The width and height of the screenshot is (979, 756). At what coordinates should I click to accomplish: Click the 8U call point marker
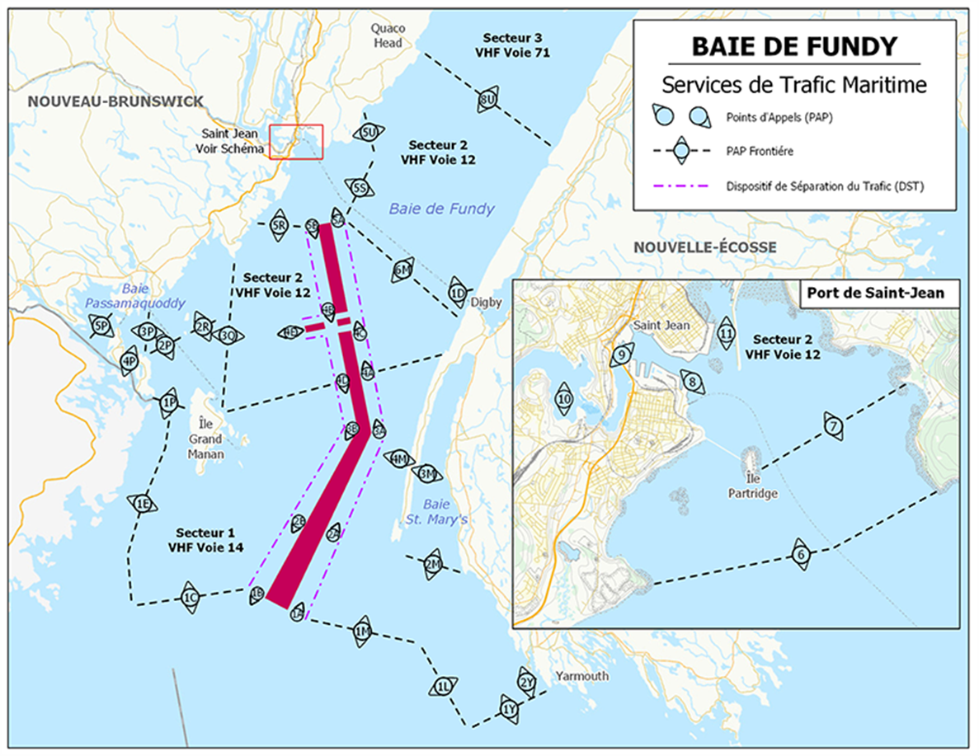coord(486,100)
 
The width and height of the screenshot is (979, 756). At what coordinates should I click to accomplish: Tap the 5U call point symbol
coord(369,133)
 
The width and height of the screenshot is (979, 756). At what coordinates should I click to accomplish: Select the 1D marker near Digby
coord(458,292)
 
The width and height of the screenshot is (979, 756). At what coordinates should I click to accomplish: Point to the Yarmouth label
coord(581,676)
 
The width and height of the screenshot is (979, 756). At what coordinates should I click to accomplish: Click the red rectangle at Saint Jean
coord(296,141)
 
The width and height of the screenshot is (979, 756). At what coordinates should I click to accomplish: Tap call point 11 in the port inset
coord(726,333)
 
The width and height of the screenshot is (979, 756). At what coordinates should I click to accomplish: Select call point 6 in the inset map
coord(799,555)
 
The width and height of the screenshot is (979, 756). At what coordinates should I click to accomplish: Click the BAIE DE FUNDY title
coord(793,46)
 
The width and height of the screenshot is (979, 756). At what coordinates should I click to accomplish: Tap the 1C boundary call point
coord(191,597)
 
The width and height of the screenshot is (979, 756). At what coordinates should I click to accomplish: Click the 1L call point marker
coord(443,686)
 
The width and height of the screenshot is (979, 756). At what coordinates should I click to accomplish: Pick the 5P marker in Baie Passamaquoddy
coord(101,326)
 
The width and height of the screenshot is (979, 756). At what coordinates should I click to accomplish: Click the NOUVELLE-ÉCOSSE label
coord(704,247)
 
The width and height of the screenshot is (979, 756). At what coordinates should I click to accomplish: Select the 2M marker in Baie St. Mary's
coord(432,565)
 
